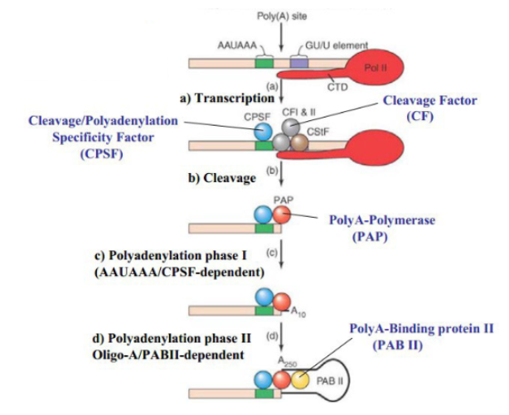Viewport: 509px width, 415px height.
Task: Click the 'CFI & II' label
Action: [295, 118]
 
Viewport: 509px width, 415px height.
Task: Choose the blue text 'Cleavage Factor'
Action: [430, 100]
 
